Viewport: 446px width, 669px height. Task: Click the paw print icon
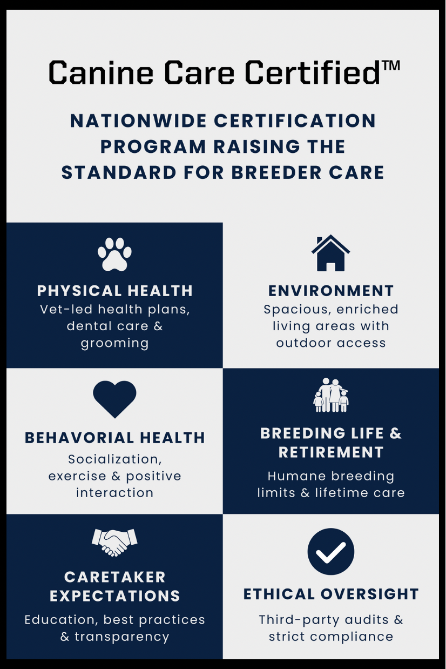(x=114, y=254)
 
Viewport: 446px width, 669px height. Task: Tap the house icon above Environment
(x=330, y=253)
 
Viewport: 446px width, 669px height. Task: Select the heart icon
(x=114, y=399)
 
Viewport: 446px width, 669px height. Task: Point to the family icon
(x=331, y=395)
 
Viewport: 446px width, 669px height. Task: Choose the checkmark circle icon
(x=331, y=551)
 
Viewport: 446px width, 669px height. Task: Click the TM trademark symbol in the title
(x=390, y=66)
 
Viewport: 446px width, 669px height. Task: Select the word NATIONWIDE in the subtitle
(x=138, y=121)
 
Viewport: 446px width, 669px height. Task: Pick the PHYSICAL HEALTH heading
(x=115, y=291)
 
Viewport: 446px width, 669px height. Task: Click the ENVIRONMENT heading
(x=331, y=291)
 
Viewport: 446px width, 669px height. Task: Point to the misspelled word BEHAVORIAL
(x=79, y=438)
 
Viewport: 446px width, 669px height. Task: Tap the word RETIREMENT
(x=331, y=452)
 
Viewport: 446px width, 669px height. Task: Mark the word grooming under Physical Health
(x=114, y=344)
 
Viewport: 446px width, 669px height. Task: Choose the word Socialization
(x=115, y=459)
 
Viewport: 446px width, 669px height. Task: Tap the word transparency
(x=121, y=637)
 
